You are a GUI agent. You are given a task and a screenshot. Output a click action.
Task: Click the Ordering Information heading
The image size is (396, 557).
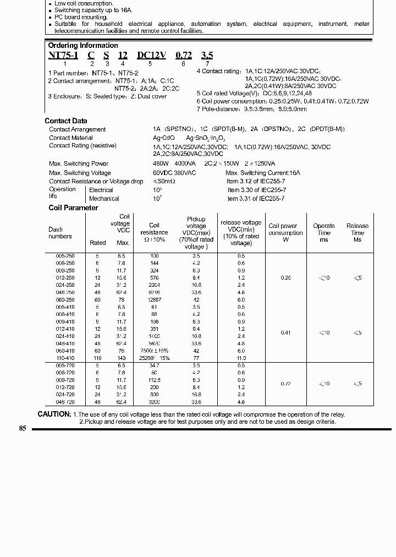tap(82, 46)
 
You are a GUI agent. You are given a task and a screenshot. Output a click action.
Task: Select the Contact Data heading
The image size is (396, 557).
tap(65, 121)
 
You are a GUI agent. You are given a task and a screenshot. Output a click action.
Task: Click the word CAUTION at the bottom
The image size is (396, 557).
tap(54, 414)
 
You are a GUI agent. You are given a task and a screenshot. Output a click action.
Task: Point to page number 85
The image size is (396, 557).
tap(23, 429)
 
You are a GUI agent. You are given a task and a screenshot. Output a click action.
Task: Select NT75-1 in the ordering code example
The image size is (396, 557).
tap(63, 56)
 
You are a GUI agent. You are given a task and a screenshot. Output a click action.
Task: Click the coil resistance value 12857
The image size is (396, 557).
tap(154, 299)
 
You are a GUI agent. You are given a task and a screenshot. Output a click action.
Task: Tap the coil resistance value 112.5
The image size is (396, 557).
tap(154, 380)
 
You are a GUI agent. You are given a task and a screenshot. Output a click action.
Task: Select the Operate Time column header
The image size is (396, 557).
tap(324, 233)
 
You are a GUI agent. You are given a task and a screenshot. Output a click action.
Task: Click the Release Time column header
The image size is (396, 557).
tap(358, 233)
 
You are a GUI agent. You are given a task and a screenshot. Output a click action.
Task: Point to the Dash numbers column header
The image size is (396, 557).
tap(60, 233)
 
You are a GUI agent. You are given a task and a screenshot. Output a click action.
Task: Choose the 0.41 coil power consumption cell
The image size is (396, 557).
tap(285, 332)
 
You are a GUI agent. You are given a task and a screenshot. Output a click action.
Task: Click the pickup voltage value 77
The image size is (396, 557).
tap(196, 358)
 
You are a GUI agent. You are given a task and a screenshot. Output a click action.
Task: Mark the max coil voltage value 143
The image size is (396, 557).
tap(123, 358)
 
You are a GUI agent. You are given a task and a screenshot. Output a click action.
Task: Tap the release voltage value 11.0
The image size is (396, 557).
tap(241, 358)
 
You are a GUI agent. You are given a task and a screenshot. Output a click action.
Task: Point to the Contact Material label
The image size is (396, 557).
tap(71, 138)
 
